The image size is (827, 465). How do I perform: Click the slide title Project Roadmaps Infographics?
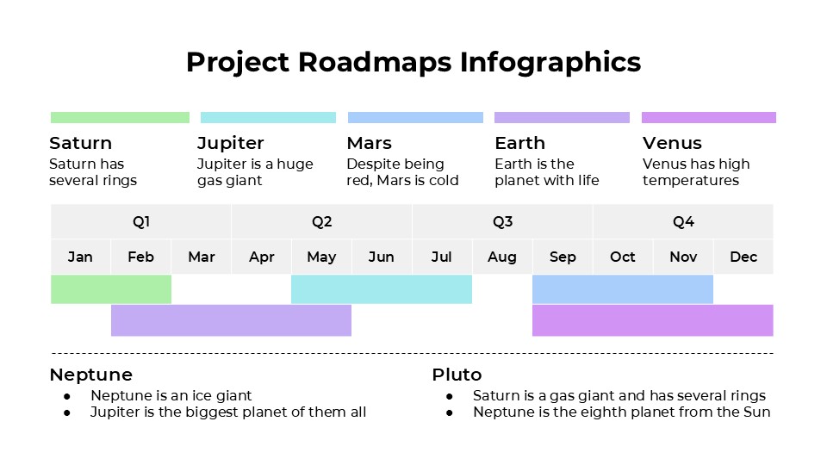[413, 62]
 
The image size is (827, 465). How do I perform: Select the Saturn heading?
[80, 143]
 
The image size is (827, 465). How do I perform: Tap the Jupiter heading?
[230, 143]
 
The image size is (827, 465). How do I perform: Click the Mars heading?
[369, 143]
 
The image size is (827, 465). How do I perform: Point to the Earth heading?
[519, 143]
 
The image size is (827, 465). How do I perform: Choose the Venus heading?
[672, 143]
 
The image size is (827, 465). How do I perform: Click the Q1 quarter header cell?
[141, 222]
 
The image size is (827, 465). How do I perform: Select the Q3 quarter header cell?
[502, 222]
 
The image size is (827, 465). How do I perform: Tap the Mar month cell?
[202, 257]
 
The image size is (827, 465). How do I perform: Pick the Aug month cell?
[502, 257]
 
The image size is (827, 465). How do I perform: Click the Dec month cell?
[743, 257]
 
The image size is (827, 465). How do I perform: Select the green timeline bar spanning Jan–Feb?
[111, 289]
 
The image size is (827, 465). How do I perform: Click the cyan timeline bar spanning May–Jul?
[382, 289]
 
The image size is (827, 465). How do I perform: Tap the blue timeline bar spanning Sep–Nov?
[622, 289]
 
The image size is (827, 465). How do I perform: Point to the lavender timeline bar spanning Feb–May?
[231, 320]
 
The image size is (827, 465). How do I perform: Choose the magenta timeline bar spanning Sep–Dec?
[652, 320]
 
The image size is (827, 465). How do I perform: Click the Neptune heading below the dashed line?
[90, 375]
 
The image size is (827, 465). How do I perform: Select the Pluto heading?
[457, 375]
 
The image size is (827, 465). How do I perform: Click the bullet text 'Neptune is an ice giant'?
[171, 395]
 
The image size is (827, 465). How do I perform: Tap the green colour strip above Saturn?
[120, 117]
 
